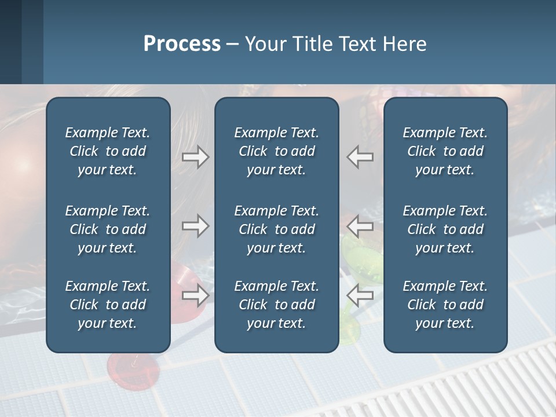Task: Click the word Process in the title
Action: point(182,44)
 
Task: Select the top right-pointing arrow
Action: point(196,157)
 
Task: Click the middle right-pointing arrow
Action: point(196,226)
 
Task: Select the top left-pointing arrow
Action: point(360,157)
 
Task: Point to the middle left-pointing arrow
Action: point(360,226)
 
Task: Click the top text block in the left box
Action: point(108,151)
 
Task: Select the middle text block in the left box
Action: point(108,229)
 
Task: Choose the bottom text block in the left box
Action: point(108,305)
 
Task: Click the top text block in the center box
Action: point(276,151)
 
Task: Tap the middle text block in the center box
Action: point(276,229)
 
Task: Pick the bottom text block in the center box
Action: point(276,305)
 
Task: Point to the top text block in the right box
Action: point(445,151)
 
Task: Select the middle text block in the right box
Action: point(445,229)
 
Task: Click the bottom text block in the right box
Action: point(445,305)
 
